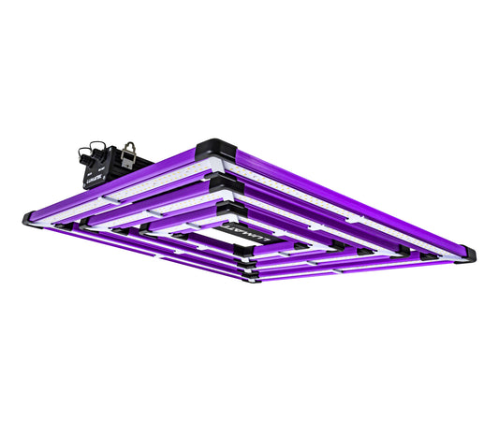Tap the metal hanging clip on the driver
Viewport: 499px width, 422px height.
(x=129, y=149)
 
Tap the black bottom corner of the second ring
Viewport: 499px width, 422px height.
(x=245, y=267)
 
